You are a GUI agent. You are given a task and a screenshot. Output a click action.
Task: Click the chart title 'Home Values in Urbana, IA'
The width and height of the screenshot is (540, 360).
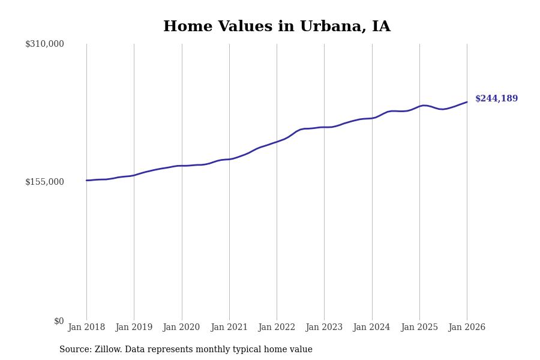pos(277,27)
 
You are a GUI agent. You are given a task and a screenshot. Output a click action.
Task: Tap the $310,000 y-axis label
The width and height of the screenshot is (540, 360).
pos(44,44)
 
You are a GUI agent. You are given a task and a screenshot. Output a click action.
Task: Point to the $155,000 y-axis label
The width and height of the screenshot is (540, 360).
pos(44,182)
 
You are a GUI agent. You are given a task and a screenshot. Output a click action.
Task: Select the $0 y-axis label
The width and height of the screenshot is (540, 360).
pos(59,321)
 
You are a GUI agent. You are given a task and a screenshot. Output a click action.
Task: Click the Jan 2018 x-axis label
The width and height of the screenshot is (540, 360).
pos(86,328)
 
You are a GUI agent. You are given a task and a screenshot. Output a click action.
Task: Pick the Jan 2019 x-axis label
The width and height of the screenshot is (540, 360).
pos(134,328)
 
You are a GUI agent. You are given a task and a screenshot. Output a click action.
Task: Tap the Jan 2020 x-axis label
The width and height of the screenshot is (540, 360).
pos(181,328)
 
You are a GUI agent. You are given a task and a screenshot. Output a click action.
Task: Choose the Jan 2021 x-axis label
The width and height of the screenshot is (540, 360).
pos(229,328)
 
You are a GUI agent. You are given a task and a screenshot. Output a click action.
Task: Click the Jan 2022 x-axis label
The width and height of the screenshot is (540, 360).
pos(277,328)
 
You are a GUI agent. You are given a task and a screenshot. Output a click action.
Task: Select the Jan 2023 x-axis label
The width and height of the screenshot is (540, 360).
pos(324,328)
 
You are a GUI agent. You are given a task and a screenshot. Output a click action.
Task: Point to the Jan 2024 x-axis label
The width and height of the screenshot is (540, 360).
pos(371,328)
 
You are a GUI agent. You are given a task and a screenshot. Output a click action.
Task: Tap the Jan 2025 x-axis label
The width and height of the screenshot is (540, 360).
pos(419,328)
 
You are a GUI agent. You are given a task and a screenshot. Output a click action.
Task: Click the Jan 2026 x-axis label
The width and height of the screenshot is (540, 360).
pos(467,328)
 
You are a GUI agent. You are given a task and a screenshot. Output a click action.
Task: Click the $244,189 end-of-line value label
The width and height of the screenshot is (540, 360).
pos(496,99)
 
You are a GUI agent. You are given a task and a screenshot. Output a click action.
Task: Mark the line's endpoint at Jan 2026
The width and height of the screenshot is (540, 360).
pos(467,102)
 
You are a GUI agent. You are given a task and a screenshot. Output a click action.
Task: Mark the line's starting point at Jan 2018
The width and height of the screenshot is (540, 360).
pos(86,180)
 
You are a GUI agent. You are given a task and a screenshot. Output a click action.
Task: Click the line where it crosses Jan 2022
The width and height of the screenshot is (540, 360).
pos(277,142)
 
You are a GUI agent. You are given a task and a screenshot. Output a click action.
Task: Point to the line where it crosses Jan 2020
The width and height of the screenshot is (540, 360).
pos(181,166)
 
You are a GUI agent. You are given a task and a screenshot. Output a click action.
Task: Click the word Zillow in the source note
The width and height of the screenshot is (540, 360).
pos(108,350)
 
